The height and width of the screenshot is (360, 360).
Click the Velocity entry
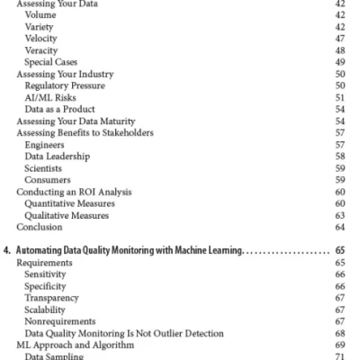pyautogui.click(x=42, y=39)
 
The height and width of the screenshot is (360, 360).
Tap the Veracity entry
pyautogui.click(x=42, y=50)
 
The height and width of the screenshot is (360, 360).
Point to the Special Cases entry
pyautogui.click(x=51, y=62)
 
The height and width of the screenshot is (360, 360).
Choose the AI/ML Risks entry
pyautogui.click(x=51, y=97)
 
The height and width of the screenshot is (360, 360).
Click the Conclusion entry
pyautogui.click(x=39, y=227)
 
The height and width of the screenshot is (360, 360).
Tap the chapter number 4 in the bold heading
pyautogui.click(x=5, y=250)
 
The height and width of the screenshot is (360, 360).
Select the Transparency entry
pyautogui.click(x=51, y=297)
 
